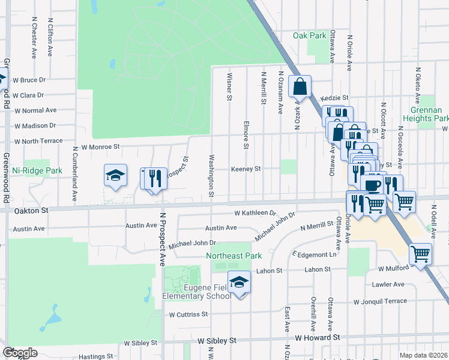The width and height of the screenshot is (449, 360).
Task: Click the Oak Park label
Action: coord(309,35)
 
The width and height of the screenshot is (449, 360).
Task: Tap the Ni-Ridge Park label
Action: coord(37,171)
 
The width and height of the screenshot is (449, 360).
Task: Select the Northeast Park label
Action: coord(234,256)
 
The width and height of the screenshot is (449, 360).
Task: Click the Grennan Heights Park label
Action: coord(430,114)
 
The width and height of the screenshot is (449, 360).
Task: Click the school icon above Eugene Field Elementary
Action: coord(239,282)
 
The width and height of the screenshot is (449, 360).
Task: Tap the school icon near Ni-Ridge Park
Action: coord(115,175)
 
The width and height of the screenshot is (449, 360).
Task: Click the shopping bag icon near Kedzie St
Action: coord(300,86)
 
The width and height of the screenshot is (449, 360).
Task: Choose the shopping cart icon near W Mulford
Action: coord(420,253)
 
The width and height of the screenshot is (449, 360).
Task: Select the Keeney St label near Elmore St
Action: coord(246,169)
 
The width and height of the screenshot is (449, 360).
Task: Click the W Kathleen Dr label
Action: coord(255,213)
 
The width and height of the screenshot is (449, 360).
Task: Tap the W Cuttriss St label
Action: coord(188,314)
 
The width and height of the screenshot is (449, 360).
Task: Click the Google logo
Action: coord(19,353)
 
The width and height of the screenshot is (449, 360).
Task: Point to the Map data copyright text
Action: coord(424,355)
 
